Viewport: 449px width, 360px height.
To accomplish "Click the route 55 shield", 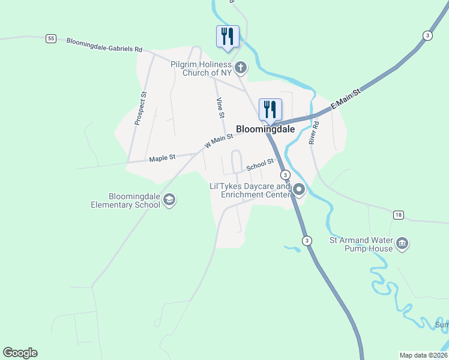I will point(51,38).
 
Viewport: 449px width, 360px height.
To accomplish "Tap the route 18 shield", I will point(399,214).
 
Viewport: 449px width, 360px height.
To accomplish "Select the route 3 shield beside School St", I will point(285,175).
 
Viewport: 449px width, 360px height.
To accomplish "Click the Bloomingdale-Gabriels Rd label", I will point(104,45).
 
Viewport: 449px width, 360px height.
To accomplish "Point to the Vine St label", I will point(220,108).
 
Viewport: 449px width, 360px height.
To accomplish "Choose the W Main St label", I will point(218,142).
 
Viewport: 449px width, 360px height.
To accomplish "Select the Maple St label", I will point(162,158).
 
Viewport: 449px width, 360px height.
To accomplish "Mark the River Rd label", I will point(313,133).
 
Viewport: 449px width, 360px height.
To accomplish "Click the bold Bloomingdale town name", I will point(265,129).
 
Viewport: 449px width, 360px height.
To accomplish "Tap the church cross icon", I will point(240,67).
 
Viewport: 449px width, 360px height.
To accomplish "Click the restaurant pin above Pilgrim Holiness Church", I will point(228,37).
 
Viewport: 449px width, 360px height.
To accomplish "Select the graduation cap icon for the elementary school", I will point(169,200).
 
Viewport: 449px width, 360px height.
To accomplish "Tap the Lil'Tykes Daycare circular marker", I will point(299,191).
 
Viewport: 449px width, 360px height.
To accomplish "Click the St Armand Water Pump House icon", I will point(402,244).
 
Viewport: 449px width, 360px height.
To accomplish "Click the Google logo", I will point(20,353).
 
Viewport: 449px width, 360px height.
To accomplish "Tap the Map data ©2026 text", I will point(423,355).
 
